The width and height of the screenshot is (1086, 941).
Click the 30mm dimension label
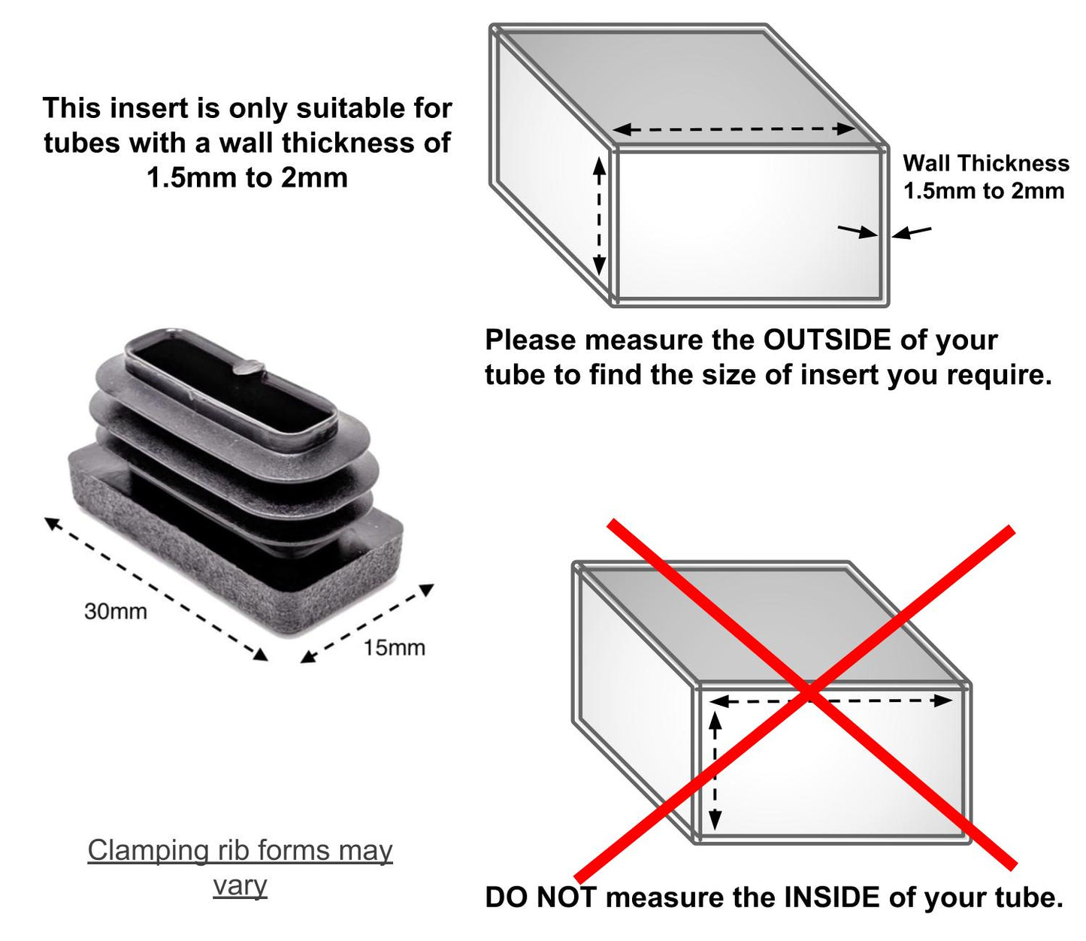(115, 611)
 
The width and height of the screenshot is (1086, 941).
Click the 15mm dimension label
(394, 647)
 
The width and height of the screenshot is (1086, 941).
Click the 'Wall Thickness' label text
(985, 163)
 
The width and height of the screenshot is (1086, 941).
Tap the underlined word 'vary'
(240, 885)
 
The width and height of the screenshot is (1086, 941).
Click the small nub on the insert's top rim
(248, 367)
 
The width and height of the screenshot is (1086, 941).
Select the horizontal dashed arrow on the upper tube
(734, 129)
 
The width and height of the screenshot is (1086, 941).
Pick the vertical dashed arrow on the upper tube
(599, 216)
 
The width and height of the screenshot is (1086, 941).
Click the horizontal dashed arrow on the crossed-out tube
(831, 701)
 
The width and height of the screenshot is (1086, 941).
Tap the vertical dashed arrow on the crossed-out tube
(715, 771)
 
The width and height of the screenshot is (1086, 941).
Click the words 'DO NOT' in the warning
(540, 897)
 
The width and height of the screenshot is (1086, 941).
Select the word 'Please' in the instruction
(531, 340)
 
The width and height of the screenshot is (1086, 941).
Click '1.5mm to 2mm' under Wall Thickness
(983, 191)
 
